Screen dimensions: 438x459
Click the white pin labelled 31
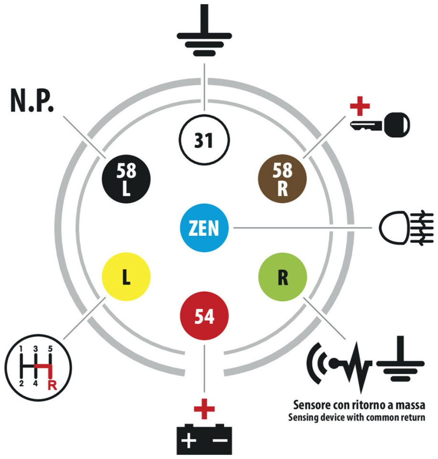tap(204, 140)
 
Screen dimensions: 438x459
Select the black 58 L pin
tap(126, 178)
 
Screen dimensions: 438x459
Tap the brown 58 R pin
tap(282, 178)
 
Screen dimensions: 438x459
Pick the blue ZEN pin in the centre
tap(204, 228)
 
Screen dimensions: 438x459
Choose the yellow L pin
tap(126, 277)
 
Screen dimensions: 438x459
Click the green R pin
tap(282, 277)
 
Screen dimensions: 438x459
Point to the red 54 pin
tap(204, 316)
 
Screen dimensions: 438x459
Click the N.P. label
tap(32, 101)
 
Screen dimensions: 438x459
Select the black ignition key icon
tap(380, 125)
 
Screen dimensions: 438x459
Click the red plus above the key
tap(360, 106)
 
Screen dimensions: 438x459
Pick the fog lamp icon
tap(406, 228)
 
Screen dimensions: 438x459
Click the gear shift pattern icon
tap(38, 368)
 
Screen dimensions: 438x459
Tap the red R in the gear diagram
tap(52, 385)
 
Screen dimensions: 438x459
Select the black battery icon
tap(204, 439)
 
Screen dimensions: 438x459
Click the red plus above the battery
tap(204, 409)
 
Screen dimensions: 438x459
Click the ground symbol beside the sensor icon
tap(400, 359)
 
